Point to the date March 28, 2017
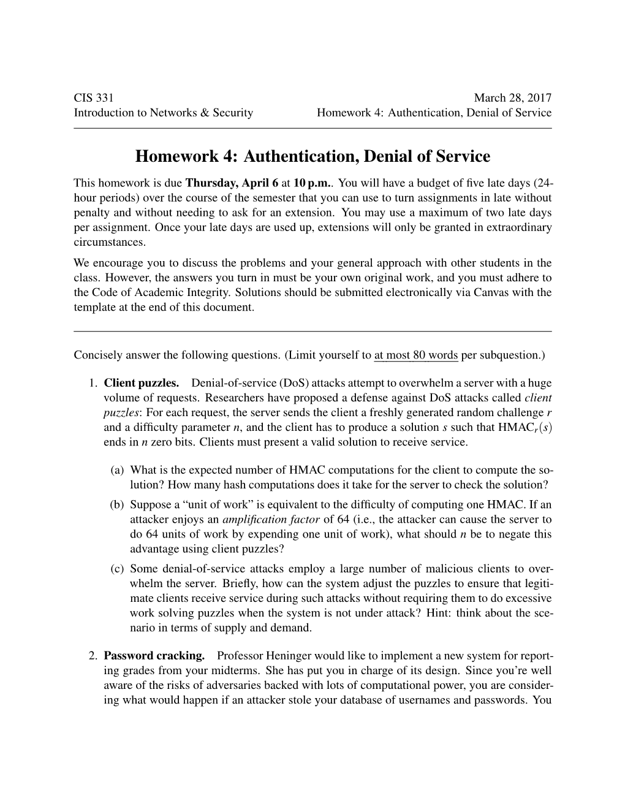coord(512,97)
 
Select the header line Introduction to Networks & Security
coord(163,113)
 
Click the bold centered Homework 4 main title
coord(312,157)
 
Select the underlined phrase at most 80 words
coord(416,355)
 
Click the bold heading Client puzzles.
coord(142,384)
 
